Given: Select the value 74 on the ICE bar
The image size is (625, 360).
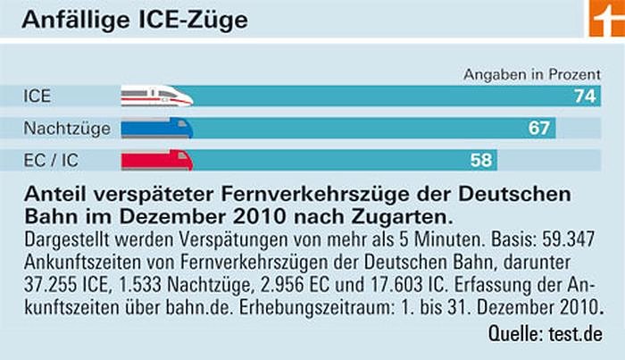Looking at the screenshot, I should click(585, 96).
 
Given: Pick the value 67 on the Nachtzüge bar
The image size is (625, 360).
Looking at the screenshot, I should click(538, 129).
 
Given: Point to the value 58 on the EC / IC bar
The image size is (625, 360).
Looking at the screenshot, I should click(481, 161).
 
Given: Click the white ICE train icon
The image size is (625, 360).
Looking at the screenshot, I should click(156, 96).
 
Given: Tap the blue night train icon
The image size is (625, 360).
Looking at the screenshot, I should click(156, 129).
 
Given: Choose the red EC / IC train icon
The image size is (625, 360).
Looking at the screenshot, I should click(156, 161).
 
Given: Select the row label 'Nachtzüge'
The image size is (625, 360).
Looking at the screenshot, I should click(67, 129).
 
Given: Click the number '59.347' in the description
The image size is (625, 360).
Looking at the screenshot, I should click(568, 239).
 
